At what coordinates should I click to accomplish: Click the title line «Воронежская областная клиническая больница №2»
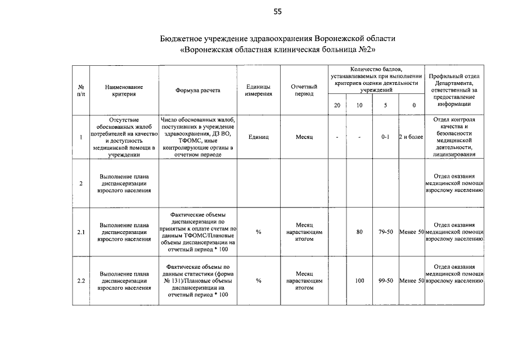tap(278, 49)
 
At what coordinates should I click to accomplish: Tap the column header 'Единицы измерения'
tap(258, 90)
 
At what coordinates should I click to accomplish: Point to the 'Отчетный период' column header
tap(304, 90)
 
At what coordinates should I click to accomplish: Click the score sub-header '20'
tap(337, 105)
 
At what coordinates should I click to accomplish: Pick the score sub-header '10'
tap(359, 105)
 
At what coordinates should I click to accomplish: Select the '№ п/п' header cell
tap(81, 90)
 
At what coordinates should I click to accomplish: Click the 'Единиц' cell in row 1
tap(258, 137)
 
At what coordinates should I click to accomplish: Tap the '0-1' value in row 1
tap(385, 137)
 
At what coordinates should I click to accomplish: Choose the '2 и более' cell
tap(411, 137)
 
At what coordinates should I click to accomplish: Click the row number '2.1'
tap(81, 231)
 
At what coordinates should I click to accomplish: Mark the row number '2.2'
tap(81, 280)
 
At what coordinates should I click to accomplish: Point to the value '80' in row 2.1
tap(359, 231)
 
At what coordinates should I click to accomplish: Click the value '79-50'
tap(385, 231)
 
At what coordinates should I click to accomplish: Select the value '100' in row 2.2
tap(359, 280)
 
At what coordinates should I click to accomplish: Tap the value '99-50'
tap(385, 280)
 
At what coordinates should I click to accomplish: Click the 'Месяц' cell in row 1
tap(304, 137)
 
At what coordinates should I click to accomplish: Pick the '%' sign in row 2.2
tap(258, 280)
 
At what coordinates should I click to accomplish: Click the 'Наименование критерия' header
tap(124, 90)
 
